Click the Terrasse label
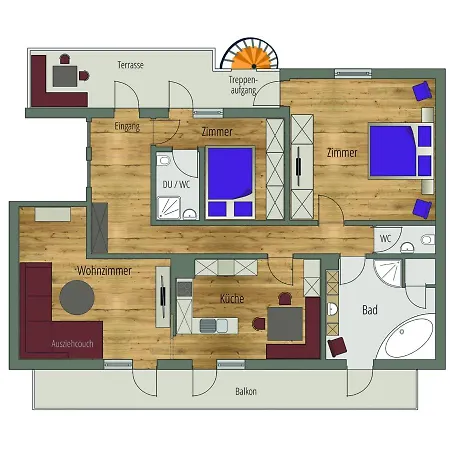tap(130, 65)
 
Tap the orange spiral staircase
tap(254, 58)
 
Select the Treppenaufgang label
tap(243, 85)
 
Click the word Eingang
tap(127, 126)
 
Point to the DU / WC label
tap(176, 184)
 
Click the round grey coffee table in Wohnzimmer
tap(77, 297)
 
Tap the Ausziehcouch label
tap(72, 344)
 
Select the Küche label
tap(232, 298)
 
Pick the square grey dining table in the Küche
tap(285, 324)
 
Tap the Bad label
tap(370, 310)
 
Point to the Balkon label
tap(246, 391)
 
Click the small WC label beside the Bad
tap(386, 239)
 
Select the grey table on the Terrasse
tap(65, 76)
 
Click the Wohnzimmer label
tap(104, 271)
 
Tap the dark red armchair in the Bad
tap(337, 347)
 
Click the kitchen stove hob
tap(184, 289)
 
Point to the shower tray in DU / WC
tap(169, 207)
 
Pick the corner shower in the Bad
tap(388, 273)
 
